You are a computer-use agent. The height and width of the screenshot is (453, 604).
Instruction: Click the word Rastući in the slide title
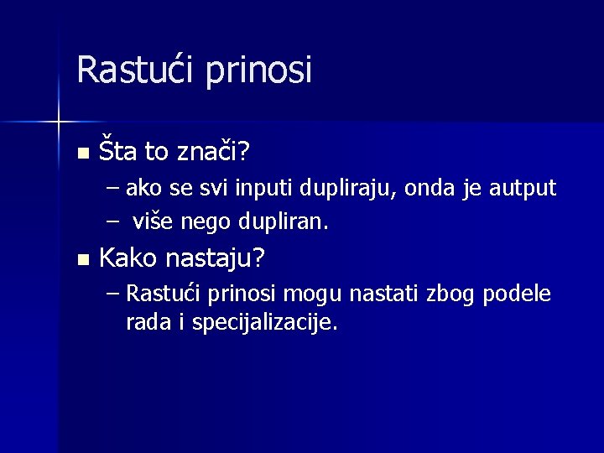(127, 69)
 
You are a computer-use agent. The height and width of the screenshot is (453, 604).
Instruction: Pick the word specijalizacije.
(265, 323)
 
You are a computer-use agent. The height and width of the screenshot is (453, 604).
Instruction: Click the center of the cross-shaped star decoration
(59, 122)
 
